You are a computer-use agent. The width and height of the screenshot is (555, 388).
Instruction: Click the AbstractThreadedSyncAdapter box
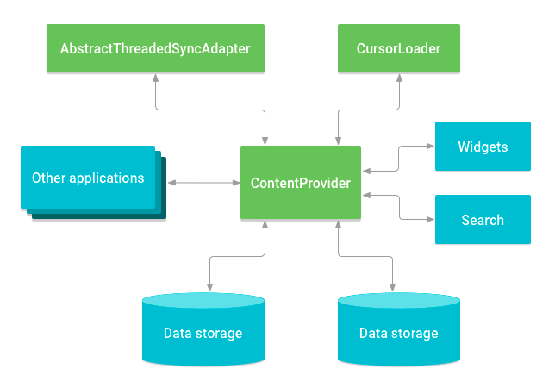[x=155, y=48]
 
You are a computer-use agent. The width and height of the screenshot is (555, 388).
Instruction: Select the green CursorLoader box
[x=398, y=48]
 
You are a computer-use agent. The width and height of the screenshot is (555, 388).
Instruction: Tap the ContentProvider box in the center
[x=300, y=183]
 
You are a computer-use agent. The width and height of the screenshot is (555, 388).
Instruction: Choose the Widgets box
[x=483, y=147]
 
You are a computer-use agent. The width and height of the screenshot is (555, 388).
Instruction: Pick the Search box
[x=483, y=220]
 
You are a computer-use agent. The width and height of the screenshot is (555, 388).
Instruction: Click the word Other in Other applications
[x=49, y=178]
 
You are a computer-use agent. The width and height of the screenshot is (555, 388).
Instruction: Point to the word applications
[x=106, y=178]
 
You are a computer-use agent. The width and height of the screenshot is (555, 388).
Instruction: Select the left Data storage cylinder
[x=203, y=332]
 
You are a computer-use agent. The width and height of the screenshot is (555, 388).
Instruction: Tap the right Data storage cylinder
[x=398, y=332]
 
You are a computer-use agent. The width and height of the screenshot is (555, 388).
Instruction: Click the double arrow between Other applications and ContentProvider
[x=203, y=183]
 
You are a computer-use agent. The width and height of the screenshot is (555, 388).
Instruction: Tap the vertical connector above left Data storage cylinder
[x=210, y=274]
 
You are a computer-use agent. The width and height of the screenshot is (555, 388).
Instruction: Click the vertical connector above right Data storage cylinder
[x=398, y=274]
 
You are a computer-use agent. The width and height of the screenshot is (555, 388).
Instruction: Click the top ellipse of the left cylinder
[x=203, y=301]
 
